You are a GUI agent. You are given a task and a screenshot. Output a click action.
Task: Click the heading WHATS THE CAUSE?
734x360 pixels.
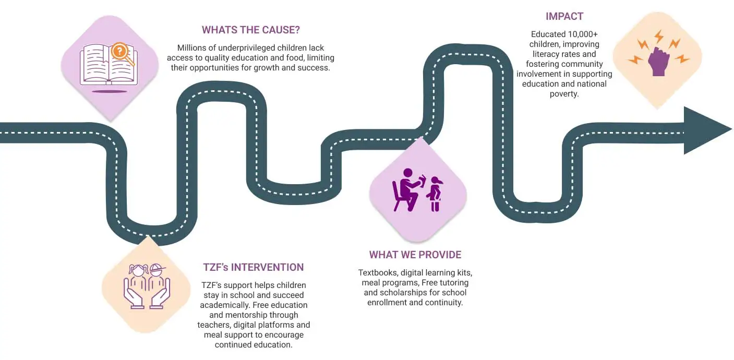tap(251, 29)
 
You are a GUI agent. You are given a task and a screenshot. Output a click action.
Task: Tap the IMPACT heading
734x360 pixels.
tap(564, 16)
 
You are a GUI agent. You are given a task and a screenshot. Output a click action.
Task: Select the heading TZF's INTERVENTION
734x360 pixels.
tap(253, 267)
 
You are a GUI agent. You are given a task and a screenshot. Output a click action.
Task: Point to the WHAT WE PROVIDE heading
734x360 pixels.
tap(415, 255)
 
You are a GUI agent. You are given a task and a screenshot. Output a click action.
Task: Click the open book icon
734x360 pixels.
tap(108, 66)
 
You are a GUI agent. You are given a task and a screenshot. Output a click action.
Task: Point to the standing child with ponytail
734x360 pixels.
tap(435, 194)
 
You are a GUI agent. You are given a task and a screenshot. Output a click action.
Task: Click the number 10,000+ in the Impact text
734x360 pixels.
tap(580, 34)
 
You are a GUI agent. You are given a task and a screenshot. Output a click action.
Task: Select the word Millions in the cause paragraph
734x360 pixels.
tap(194, 47)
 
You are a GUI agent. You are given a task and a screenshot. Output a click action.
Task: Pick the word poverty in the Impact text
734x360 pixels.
tap(564, 94)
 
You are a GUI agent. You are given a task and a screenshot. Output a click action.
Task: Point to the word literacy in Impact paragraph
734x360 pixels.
tap(547, 54)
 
